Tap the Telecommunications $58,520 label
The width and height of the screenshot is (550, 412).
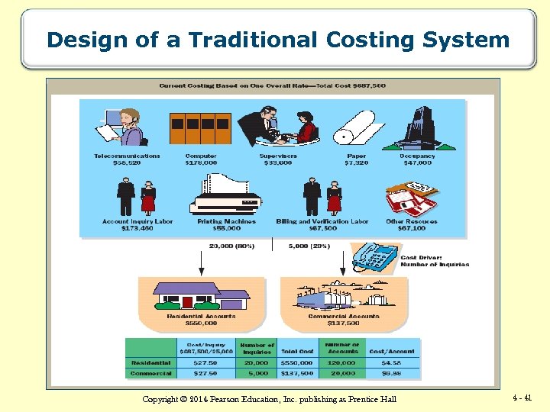coord(127,159)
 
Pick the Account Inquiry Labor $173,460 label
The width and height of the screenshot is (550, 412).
coord(137,224)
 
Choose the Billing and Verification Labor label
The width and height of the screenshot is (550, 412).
coord(322,224)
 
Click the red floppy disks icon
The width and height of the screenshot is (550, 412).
coord(410,198)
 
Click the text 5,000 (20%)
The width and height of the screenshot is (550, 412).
coord(309,246)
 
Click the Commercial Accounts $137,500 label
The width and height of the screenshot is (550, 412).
coord(343,319)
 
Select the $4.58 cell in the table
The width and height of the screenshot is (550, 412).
coord(390,363)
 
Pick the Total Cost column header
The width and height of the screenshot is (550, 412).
coord(296,351)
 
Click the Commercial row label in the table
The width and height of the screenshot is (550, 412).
coord(150,373)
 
